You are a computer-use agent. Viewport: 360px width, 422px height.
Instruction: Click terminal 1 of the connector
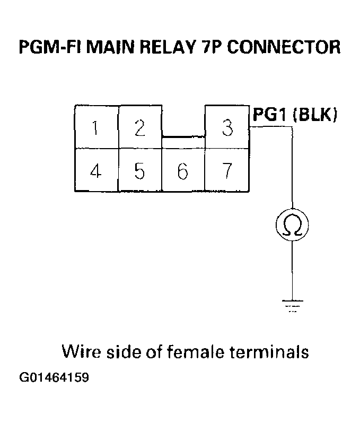(x=96, y=127)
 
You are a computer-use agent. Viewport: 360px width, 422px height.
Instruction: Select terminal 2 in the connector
(x=139, y=127)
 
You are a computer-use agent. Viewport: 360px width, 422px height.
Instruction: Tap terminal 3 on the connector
(x=227, y=127)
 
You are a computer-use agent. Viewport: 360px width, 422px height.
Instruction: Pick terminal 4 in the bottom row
(x=96, y=171)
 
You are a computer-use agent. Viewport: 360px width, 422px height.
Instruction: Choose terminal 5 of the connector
(x=139, y=171)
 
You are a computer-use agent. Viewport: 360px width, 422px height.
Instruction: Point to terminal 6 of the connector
(x=183, y=171)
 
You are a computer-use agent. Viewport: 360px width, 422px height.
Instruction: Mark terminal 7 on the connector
(x=227, y=171)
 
